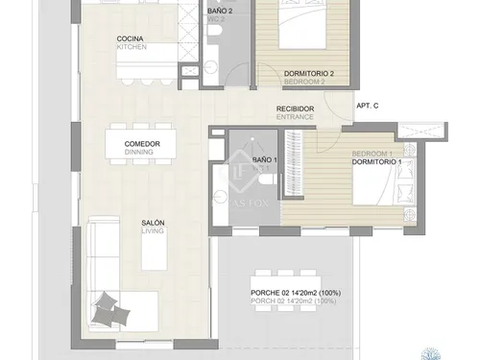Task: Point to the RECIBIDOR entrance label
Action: coord(296,110)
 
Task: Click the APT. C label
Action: coord(369,106)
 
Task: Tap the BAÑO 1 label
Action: coord(265,159)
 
